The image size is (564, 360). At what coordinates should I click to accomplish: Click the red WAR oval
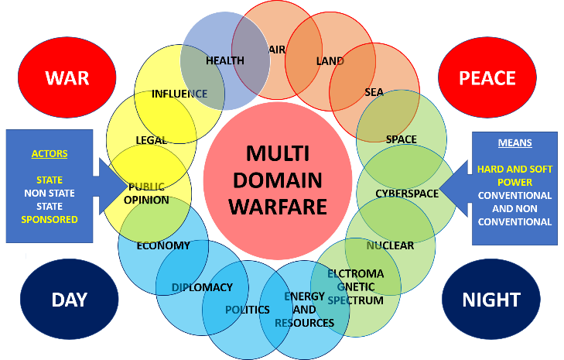pos(67,77)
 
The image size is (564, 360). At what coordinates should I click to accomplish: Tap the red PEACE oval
pos(487,77)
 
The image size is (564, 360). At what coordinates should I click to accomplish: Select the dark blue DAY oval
pos(69,300)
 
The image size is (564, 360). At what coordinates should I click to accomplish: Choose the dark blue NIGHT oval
pos(491,300)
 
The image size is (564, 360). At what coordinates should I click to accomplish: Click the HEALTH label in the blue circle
pos(225,60)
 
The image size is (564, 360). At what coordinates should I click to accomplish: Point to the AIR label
pos(277,50)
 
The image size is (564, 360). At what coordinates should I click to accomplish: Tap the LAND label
pos(330,60)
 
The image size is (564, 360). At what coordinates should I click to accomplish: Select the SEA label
pos(374,93)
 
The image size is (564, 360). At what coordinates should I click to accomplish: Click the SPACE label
pos(401,139)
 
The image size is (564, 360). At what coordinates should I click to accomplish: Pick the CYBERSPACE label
pos(407,194)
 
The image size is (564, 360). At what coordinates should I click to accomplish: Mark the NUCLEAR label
pos(390,245)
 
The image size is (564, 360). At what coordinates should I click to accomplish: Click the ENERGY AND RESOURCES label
pos(304,310)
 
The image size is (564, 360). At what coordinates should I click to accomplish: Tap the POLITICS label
pos(248,310)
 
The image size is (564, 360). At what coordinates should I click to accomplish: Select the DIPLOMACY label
pos(201,287)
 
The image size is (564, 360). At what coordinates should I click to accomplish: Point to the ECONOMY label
pos(163,245)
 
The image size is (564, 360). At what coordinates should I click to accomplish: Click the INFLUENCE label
pos(179,94)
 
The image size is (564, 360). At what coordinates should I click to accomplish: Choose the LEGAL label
pos(152,140)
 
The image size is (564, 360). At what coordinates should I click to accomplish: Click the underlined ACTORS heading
pos(50,154)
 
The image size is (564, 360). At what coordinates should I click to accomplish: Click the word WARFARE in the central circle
pos(283,206)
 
